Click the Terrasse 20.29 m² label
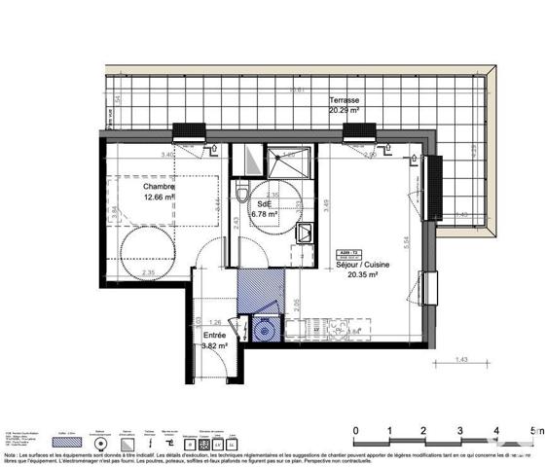(346, 105)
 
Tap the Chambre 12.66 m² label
(158, 192)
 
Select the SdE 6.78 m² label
(264, 209)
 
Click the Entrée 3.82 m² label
(214, 340)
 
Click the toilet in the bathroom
(242, 195)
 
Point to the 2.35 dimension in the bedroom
(148, 272)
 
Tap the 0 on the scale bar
(356, 429)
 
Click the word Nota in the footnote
(11, 453)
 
